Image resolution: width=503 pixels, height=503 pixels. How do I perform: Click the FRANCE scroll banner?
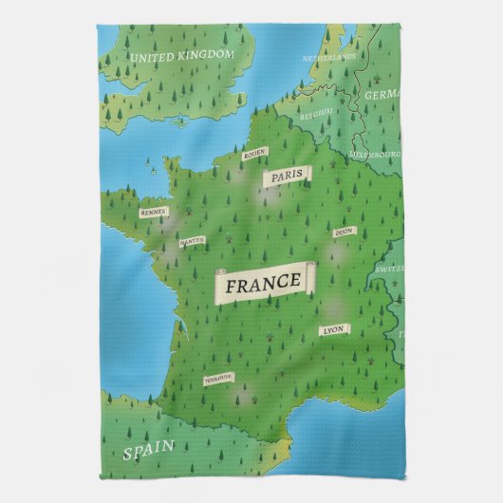pyautogui.click(x=265, y=282)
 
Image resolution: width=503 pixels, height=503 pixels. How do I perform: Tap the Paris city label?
pyautogui.click(x=287, y=177)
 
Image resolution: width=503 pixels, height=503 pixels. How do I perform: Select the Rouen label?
pyautogui.click(x=253, y=153)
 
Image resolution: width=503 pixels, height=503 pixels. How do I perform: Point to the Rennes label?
pyautogui.click(x=153, y=213)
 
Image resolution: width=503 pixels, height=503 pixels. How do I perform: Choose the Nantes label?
pyautogui.click(x=192, y=241)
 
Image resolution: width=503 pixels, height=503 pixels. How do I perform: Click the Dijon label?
pyautogui.click(x=344, y=232)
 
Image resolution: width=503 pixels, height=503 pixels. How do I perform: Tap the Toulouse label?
pyautogui.click(x=217, y=379)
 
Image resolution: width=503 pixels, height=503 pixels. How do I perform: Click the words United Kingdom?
pyautogui.click(x=181, y=56)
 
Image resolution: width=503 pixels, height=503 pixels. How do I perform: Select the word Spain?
pyautogui.click(x=148, y=448)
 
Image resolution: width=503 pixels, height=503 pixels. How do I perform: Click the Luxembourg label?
pyautogui.click(x=375, y=152)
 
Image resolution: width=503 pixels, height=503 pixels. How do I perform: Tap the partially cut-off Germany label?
pyautogui.click(x=384, y=96)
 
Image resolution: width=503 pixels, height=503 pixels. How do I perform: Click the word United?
pyautogui.click(x=151, y=57)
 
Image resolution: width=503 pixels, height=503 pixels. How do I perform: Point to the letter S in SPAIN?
pyautogui.click(x=127, y=454)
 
